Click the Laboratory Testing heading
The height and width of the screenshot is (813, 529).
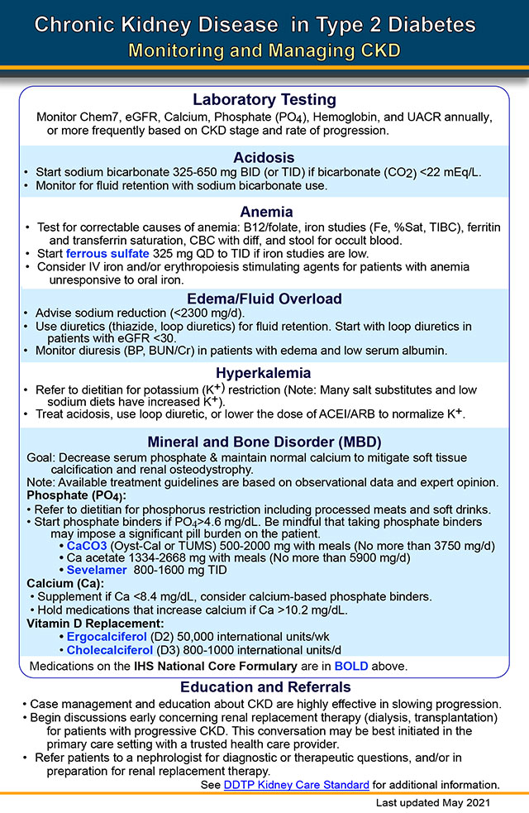[264, 100]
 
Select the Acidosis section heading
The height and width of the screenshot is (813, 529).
[264, 157]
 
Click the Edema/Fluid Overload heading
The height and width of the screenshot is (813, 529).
[264, 299]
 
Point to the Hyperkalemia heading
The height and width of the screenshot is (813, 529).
[264, 373]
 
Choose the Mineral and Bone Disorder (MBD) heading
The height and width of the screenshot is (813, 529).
[264, 442]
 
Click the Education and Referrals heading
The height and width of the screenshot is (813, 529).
[264, 687]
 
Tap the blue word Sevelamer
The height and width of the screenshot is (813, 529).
[98, 571]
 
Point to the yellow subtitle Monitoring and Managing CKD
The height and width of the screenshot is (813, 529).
[264, 51]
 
